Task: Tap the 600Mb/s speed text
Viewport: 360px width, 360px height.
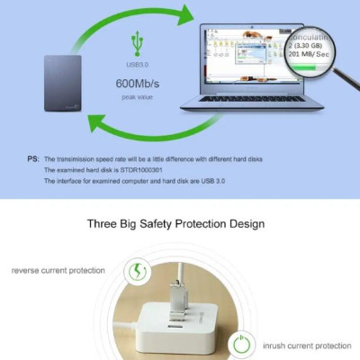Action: point(135,84)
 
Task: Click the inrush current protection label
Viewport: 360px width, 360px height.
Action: point(306,345)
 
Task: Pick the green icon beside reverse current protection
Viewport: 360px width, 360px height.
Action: point(139,270)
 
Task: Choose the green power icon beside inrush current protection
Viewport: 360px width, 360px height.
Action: point(239,345)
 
